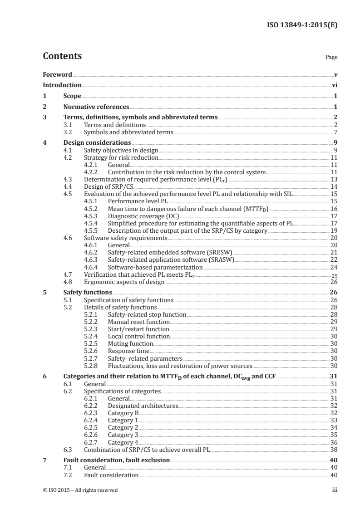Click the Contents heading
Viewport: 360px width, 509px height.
click(x=62, y=57)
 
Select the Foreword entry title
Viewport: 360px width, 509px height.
click(x=57, y=74)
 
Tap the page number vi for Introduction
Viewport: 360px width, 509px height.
click(x=334, y=85)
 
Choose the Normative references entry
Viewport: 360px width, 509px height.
click(x=96, y=107)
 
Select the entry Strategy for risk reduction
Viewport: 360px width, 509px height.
click(x=121, y=158)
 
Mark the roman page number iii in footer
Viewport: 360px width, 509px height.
click(x=335, y=490)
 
